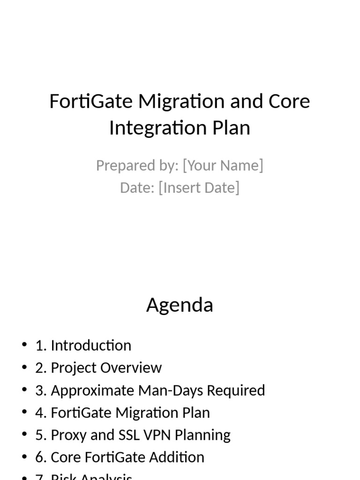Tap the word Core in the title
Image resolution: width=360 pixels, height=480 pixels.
click(x=289, y=101)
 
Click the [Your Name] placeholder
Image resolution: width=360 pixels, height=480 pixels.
click(x=223, y=165)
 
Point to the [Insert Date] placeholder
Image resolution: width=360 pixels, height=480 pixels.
click(x=199, y=187)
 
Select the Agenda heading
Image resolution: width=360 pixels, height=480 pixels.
click(x=180, y=305)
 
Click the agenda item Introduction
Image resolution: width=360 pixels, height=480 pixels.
click(x=91, y=345)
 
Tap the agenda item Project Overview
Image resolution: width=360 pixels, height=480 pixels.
click(x=106, y=368)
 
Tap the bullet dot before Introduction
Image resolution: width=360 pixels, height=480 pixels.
click(x=24, y=345)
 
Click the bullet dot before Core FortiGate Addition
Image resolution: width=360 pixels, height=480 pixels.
click(x=24, y=457)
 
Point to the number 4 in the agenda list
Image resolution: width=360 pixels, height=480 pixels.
click(x=38, y=413)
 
